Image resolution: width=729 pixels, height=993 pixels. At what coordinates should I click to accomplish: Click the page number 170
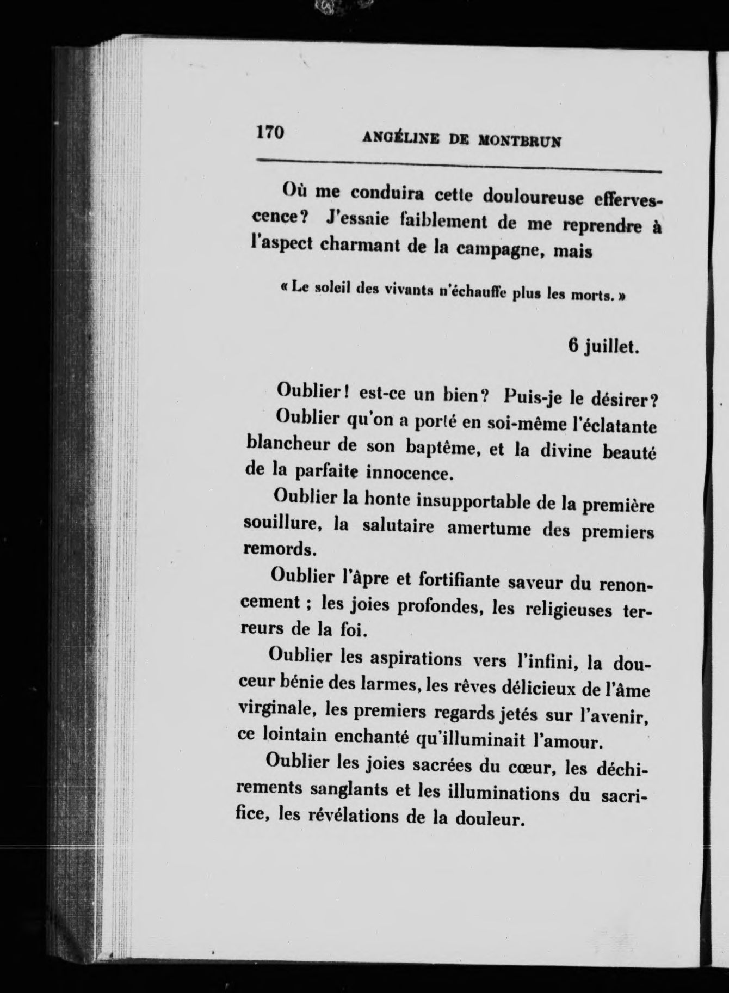pyautogui.click(x=270, y=132)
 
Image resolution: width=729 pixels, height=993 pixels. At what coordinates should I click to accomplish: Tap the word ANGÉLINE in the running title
pyautogui.click(x=401, y=139)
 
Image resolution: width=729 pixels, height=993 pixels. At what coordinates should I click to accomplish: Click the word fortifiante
pyautogui.click(x=460, y=580)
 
